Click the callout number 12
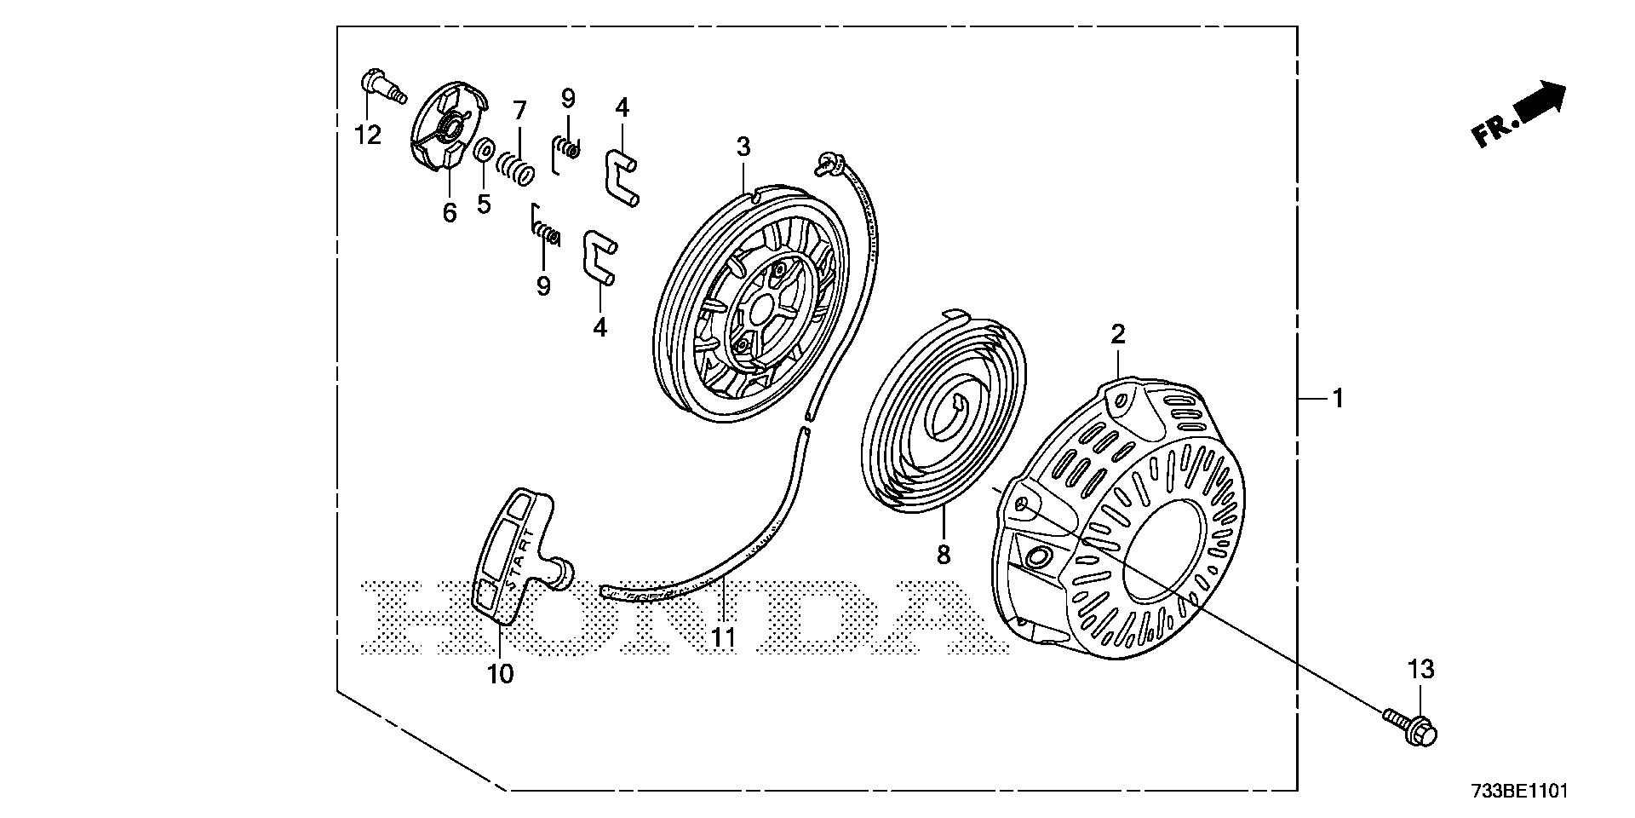(x=368, y=135)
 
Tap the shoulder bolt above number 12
(x=382, y=86)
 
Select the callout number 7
(x=519, y=110)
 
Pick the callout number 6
(x=449, y=212)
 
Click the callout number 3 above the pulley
(x=743, y=147)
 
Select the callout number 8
(x=943, y=555)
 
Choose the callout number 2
(x=1117, y=333)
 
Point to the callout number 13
(x=1421, y=670)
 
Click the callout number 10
(x=501, y=674)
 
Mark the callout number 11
(x=723, y=637)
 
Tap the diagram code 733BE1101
(x=1517, y=792)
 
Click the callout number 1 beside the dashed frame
(x=1338, y=398)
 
